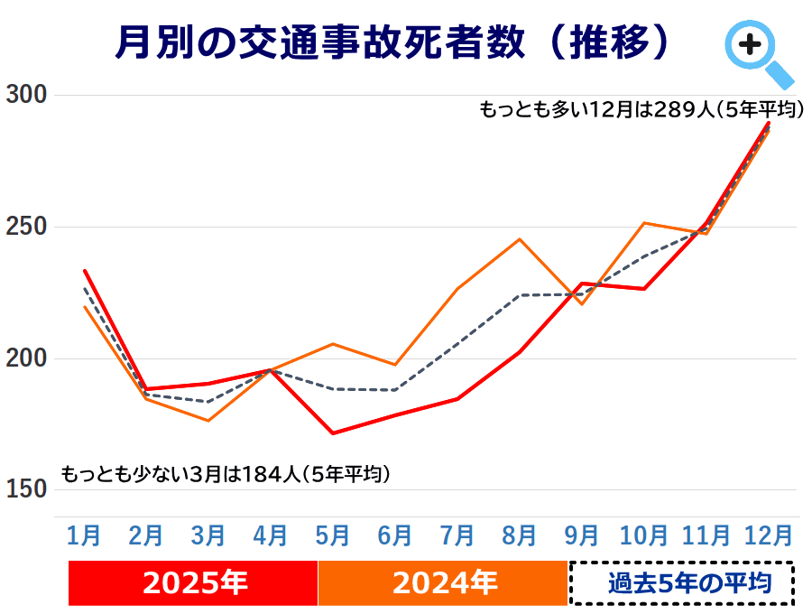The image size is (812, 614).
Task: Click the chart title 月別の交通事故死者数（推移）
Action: pyautogui.click(x=395, y=42)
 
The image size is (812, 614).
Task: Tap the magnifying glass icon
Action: pyautogui.click(x=756, y=51)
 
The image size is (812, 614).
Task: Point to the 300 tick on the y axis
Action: pyautogui.click(x=26, y=95)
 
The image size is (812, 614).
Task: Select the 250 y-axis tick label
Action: pyautogui.click(x=26, y=227)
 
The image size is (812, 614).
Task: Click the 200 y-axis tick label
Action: pyautogui.click(x=26, y=359)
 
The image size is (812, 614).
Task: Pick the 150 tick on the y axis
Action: pyautogui.click(x=26, y=490)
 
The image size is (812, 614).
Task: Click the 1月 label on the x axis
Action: pyautogui.click(x=84, y=535)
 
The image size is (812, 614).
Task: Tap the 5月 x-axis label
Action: pyautogui.click(x=333, y=535)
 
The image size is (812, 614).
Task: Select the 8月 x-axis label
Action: pyautogui.click(x=520, y=535)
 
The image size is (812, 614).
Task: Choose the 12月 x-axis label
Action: pyautogui.click(x=769, y=535)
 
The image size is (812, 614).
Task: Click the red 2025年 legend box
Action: pyautogui.click(x=193, y=583)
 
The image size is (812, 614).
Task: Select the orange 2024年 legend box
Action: pyautogui.click(x=443, y=583)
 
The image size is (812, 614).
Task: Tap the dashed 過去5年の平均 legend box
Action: pyautogui.click(x=681, y=583)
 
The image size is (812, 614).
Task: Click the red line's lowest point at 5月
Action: pyautogui.click(x=333, y=433)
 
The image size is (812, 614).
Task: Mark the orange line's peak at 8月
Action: pyautogui.click(x=520, y=239)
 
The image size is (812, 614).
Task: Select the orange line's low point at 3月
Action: pyautogui.click(x=208, y=421)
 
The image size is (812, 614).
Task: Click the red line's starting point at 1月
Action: pyautogui.click(x=85, y=270)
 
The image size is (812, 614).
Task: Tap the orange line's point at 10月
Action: pyautogui.click(x=644, y=222)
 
